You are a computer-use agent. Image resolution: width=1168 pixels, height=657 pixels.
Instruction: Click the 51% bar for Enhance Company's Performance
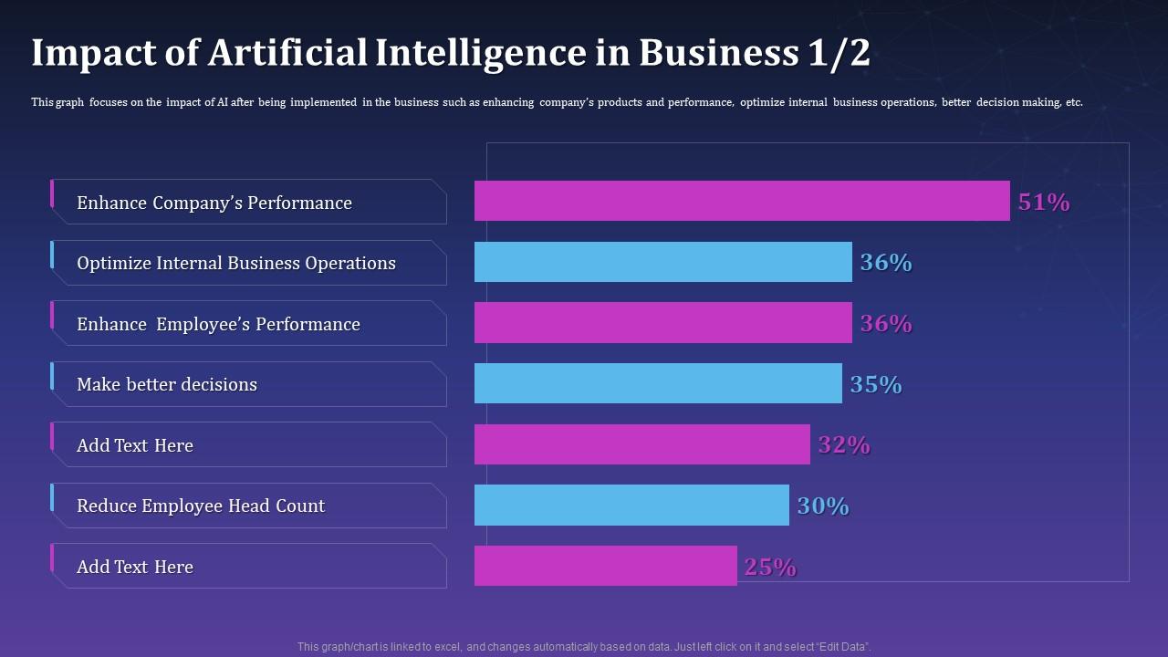(742, 201)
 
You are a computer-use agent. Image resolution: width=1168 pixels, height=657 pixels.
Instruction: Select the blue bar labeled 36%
(662, 262)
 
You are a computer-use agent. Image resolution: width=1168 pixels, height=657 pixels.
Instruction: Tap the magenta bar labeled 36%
(662, 323)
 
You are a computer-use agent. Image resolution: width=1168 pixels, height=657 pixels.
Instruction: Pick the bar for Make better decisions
(658, 383)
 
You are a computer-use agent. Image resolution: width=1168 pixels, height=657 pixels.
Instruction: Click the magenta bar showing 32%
(641, 444)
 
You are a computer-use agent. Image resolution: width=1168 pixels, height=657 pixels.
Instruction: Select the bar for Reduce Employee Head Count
(631, 505)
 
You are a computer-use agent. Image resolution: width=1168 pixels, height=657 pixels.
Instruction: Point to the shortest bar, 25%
(605, 566)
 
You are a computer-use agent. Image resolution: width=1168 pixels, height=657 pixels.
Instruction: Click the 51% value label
(1044, 203)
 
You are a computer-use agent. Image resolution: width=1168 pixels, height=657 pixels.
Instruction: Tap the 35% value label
(876, 385)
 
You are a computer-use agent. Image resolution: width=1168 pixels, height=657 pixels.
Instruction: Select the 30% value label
(823, 506)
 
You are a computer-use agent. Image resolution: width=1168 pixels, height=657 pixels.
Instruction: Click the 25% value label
(770, 568)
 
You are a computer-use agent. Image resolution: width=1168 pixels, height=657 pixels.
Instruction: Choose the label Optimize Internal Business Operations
(236, 264)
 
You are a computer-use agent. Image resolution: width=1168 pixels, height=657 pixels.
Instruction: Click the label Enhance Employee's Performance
(218, 325)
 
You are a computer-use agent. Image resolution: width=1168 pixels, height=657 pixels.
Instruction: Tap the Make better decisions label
(167, 385)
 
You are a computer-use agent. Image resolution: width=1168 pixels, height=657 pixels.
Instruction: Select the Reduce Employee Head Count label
(201, 506)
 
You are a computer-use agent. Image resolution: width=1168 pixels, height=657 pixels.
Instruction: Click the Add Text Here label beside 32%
(135, 446)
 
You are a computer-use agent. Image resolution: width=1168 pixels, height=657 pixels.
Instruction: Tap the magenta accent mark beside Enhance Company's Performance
(52, 193)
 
